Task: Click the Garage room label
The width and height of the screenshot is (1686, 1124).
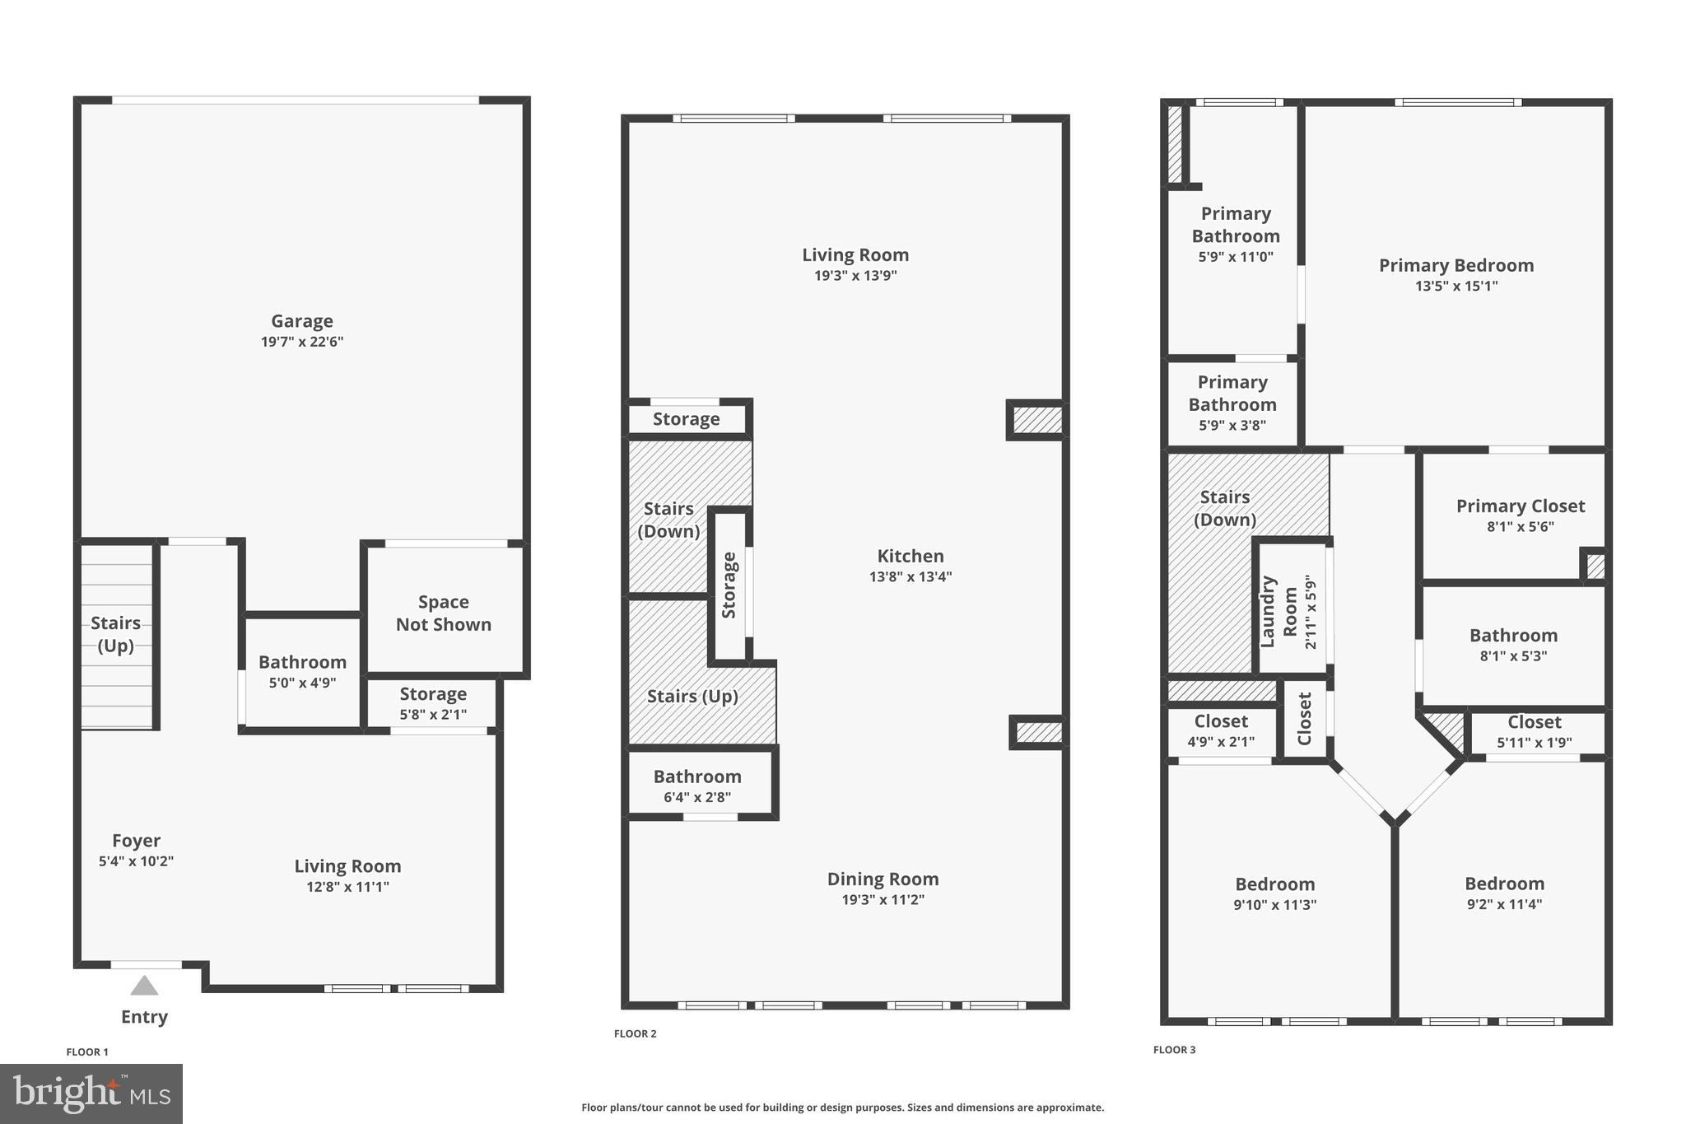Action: click(x=301, y=321)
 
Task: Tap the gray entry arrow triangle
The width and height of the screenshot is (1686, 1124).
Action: click(x=144, y=986)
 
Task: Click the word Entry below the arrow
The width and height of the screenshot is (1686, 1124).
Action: click(x=144, y=1017)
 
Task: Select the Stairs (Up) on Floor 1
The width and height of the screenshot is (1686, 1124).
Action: click(x=115, y=634)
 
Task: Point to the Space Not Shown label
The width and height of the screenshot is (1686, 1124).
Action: click(x=443, y=613)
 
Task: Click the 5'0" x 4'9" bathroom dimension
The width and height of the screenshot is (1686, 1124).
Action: click(x=302, y=683)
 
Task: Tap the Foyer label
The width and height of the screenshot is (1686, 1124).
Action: click(x=136, y=841)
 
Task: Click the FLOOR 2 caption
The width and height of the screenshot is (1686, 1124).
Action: click(x=635, y=1034)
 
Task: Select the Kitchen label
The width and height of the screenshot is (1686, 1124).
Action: click(x=910, y=556)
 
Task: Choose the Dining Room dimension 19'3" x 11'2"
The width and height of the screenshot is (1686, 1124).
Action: click(x=883, y=900)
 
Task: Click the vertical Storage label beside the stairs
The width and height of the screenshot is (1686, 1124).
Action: click(x=729, y=585)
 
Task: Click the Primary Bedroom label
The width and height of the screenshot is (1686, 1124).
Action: click(x=1455, y=265)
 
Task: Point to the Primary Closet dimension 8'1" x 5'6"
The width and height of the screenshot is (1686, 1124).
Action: click(x=1520, y=527)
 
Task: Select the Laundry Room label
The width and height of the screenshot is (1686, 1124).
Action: click(x=1278, y=612)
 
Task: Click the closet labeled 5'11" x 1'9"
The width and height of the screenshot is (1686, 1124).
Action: click(x=1534, y=731)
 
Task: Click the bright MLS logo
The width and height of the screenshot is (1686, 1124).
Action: click(x=91, y=1094)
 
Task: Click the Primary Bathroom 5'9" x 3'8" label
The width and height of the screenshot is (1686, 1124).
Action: click(x=1232, y=403)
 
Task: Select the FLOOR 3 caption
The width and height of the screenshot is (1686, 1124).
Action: click(x=1174, y=1050)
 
